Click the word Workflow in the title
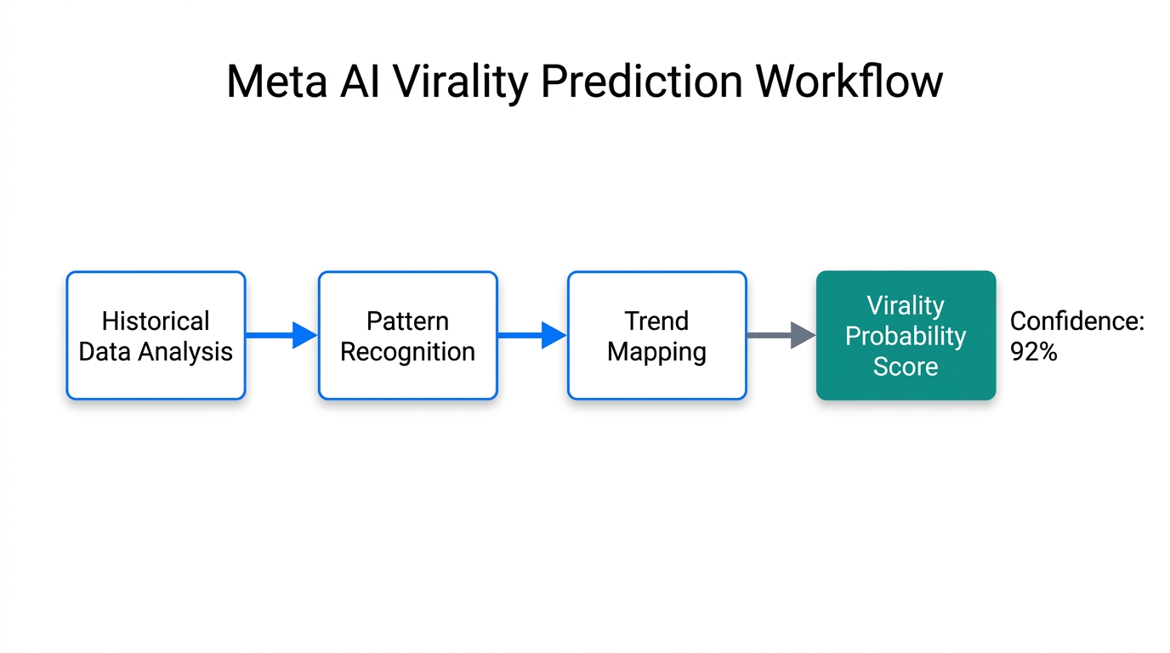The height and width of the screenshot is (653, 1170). coord(849,82)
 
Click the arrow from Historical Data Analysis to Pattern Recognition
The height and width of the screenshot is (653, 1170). coord(281,335)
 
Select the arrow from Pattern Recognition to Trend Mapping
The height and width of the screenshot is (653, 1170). coord(531,335)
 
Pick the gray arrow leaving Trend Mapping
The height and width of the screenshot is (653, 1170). coord(781,335)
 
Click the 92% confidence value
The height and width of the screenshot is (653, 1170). coord(1033,352)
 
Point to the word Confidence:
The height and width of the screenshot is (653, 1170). coord(1077,321)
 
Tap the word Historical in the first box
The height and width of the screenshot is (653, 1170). coord(156,321)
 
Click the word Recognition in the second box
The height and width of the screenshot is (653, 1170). coord(407,352)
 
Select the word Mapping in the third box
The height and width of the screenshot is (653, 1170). coord(656,352)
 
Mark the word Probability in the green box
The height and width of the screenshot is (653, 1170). coord(906,336)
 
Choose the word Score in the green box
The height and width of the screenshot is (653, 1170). coord(906,366)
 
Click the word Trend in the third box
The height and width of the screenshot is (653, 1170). coord(656,321)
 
